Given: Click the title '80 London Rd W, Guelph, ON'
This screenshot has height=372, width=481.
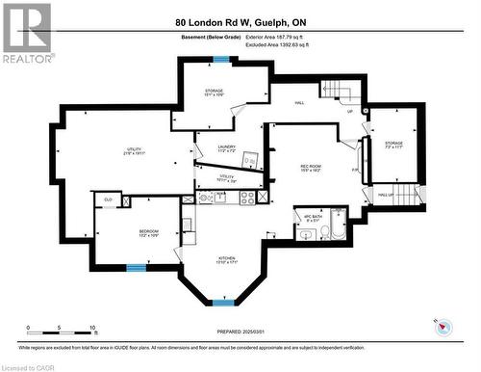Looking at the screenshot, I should pyautogui.click(x=240, y=21).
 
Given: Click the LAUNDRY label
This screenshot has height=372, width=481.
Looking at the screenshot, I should pyautogui.click(x=227, y=148).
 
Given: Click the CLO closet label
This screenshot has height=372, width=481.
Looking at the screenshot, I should pyautogui.click(x=109, y=200).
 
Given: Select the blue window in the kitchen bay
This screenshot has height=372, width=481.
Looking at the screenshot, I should pyautogui.click(x=223, y=303).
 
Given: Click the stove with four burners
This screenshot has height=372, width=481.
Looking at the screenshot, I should pyautogui.click(x=247, y=197).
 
